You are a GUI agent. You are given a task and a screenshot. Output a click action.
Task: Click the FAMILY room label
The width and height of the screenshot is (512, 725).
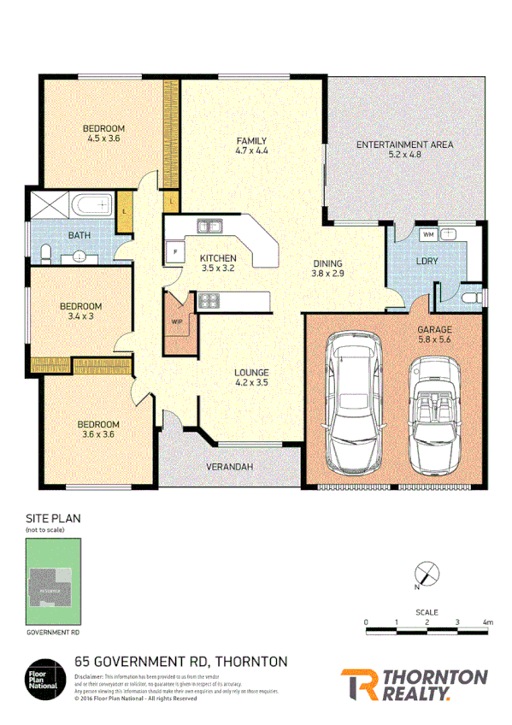point(252,141)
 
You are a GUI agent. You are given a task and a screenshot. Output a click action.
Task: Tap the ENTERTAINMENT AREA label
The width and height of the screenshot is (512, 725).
point(404,144)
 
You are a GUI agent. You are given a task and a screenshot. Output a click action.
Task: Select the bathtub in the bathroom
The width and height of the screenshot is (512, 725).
point(91,205)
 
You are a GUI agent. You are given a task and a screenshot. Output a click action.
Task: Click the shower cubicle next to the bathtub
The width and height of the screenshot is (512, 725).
point(49,206)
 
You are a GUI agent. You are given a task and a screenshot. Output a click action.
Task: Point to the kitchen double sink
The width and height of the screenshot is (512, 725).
point(209,227)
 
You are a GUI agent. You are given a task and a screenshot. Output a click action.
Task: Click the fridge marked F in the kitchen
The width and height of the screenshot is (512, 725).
point(175,252)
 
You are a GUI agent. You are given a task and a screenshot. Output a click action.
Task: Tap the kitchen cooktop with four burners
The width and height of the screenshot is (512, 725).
point(209,300)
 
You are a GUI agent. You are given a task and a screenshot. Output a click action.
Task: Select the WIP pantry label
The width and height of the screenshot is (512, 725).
point(177,321)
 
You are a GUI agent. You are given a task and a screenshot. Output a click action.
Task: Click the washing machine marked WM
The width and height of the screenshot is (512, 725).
point(428,233)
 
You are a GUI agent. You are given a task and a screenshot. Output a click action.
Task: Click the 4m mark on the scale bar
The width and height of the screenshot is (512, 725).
point(487,622)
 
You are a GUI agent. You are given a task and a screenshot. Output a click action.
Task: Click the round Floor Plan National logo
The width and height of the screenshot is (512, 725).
point(46,676)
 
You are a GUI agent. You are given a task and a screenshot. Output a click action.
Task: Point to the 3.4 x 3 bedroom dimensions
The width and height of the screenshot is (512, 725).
point(80,316)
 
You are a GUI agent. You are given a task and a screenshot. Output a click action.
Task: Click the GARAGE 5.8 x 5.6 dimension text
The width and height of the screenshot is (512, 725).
point(434,339)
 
